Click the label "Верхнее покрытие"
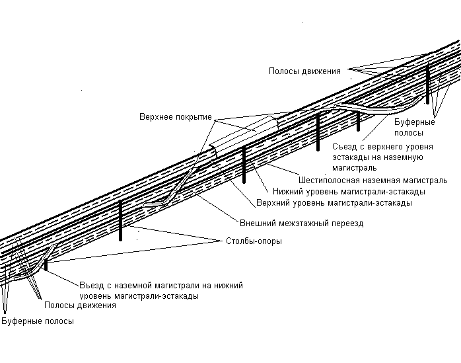176,117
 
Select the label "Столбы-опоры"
254,241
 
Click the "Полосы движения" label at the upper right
304,71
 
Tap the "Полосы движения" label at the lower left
80,305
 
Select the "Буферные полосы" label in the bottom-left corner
38,321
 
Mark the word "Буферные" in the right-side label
415,122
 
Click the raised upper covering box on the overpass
244,132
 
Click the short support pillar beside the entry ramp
46,264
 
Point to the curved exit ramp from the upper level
379,108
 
